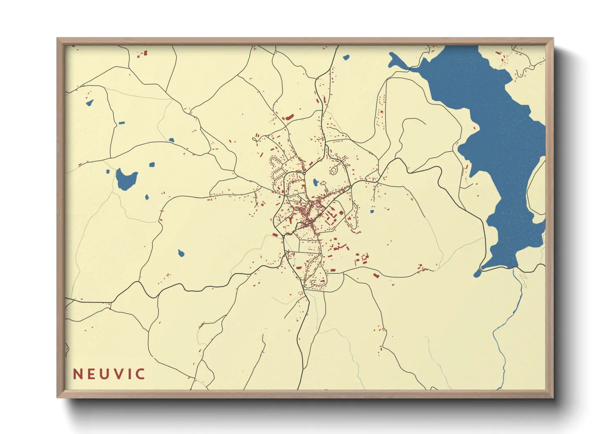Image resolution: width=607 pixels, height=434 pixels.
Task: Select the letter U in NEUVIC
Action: point(106,374)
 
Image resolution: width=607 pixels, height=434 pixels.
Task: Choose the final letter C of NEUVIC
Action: point(140,374)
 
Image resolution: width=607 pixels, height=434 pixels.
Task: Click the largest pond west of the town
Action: point(126,179)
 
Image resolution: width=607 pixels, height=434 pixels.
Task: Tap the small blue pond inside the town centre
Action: point(315,182)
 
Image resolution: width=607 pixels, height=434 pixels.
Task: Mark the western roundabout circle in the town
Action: point(304,174)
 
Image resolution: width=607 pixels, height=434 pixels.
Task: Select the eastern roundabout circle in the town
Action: point(351,187)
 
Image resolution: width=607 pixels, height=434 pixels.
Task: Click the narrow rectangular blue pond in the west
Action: point(121,123)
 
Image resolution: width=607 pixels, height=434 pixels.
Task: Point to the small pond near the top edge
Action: point(346,57)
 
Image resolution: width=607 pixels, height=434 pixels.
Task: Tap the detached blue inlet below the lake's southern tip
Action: point(477,273)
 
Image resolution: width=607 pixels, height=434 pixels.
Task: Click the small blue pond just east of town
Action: point(372,212)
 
